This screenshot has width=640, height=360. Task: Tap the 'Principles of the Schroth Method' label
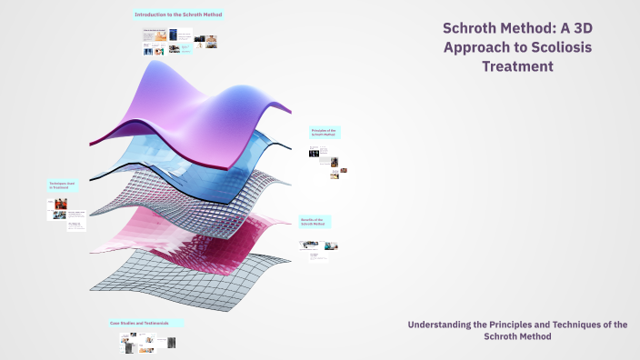pos(324,132)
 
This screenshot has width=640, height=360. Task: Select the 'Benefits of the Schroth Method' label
pos(315,222)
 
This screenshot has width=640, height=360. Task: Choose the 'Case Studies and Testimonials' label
pos(145,323)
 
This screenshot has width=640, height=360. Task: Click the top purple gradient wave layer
pos(182,100)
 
